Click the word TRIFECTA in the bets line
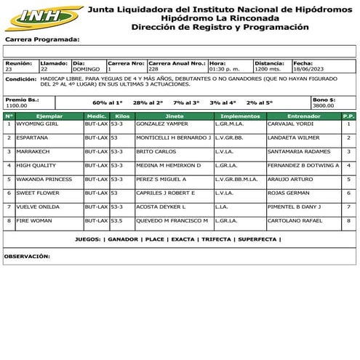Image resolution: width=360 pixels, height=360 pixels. pyautogui.click(x=217, y=239)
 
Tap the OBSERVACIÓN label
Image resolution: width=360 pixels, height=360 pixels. pyautogui.click(x=28, y=256)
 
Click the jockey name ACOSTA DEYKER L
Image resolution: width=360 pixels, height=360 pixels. pyautogui.click(x=157, y=207)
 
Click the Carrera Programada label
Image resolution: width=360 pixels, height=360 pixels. pyautogui.click(x=42, y=40)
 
